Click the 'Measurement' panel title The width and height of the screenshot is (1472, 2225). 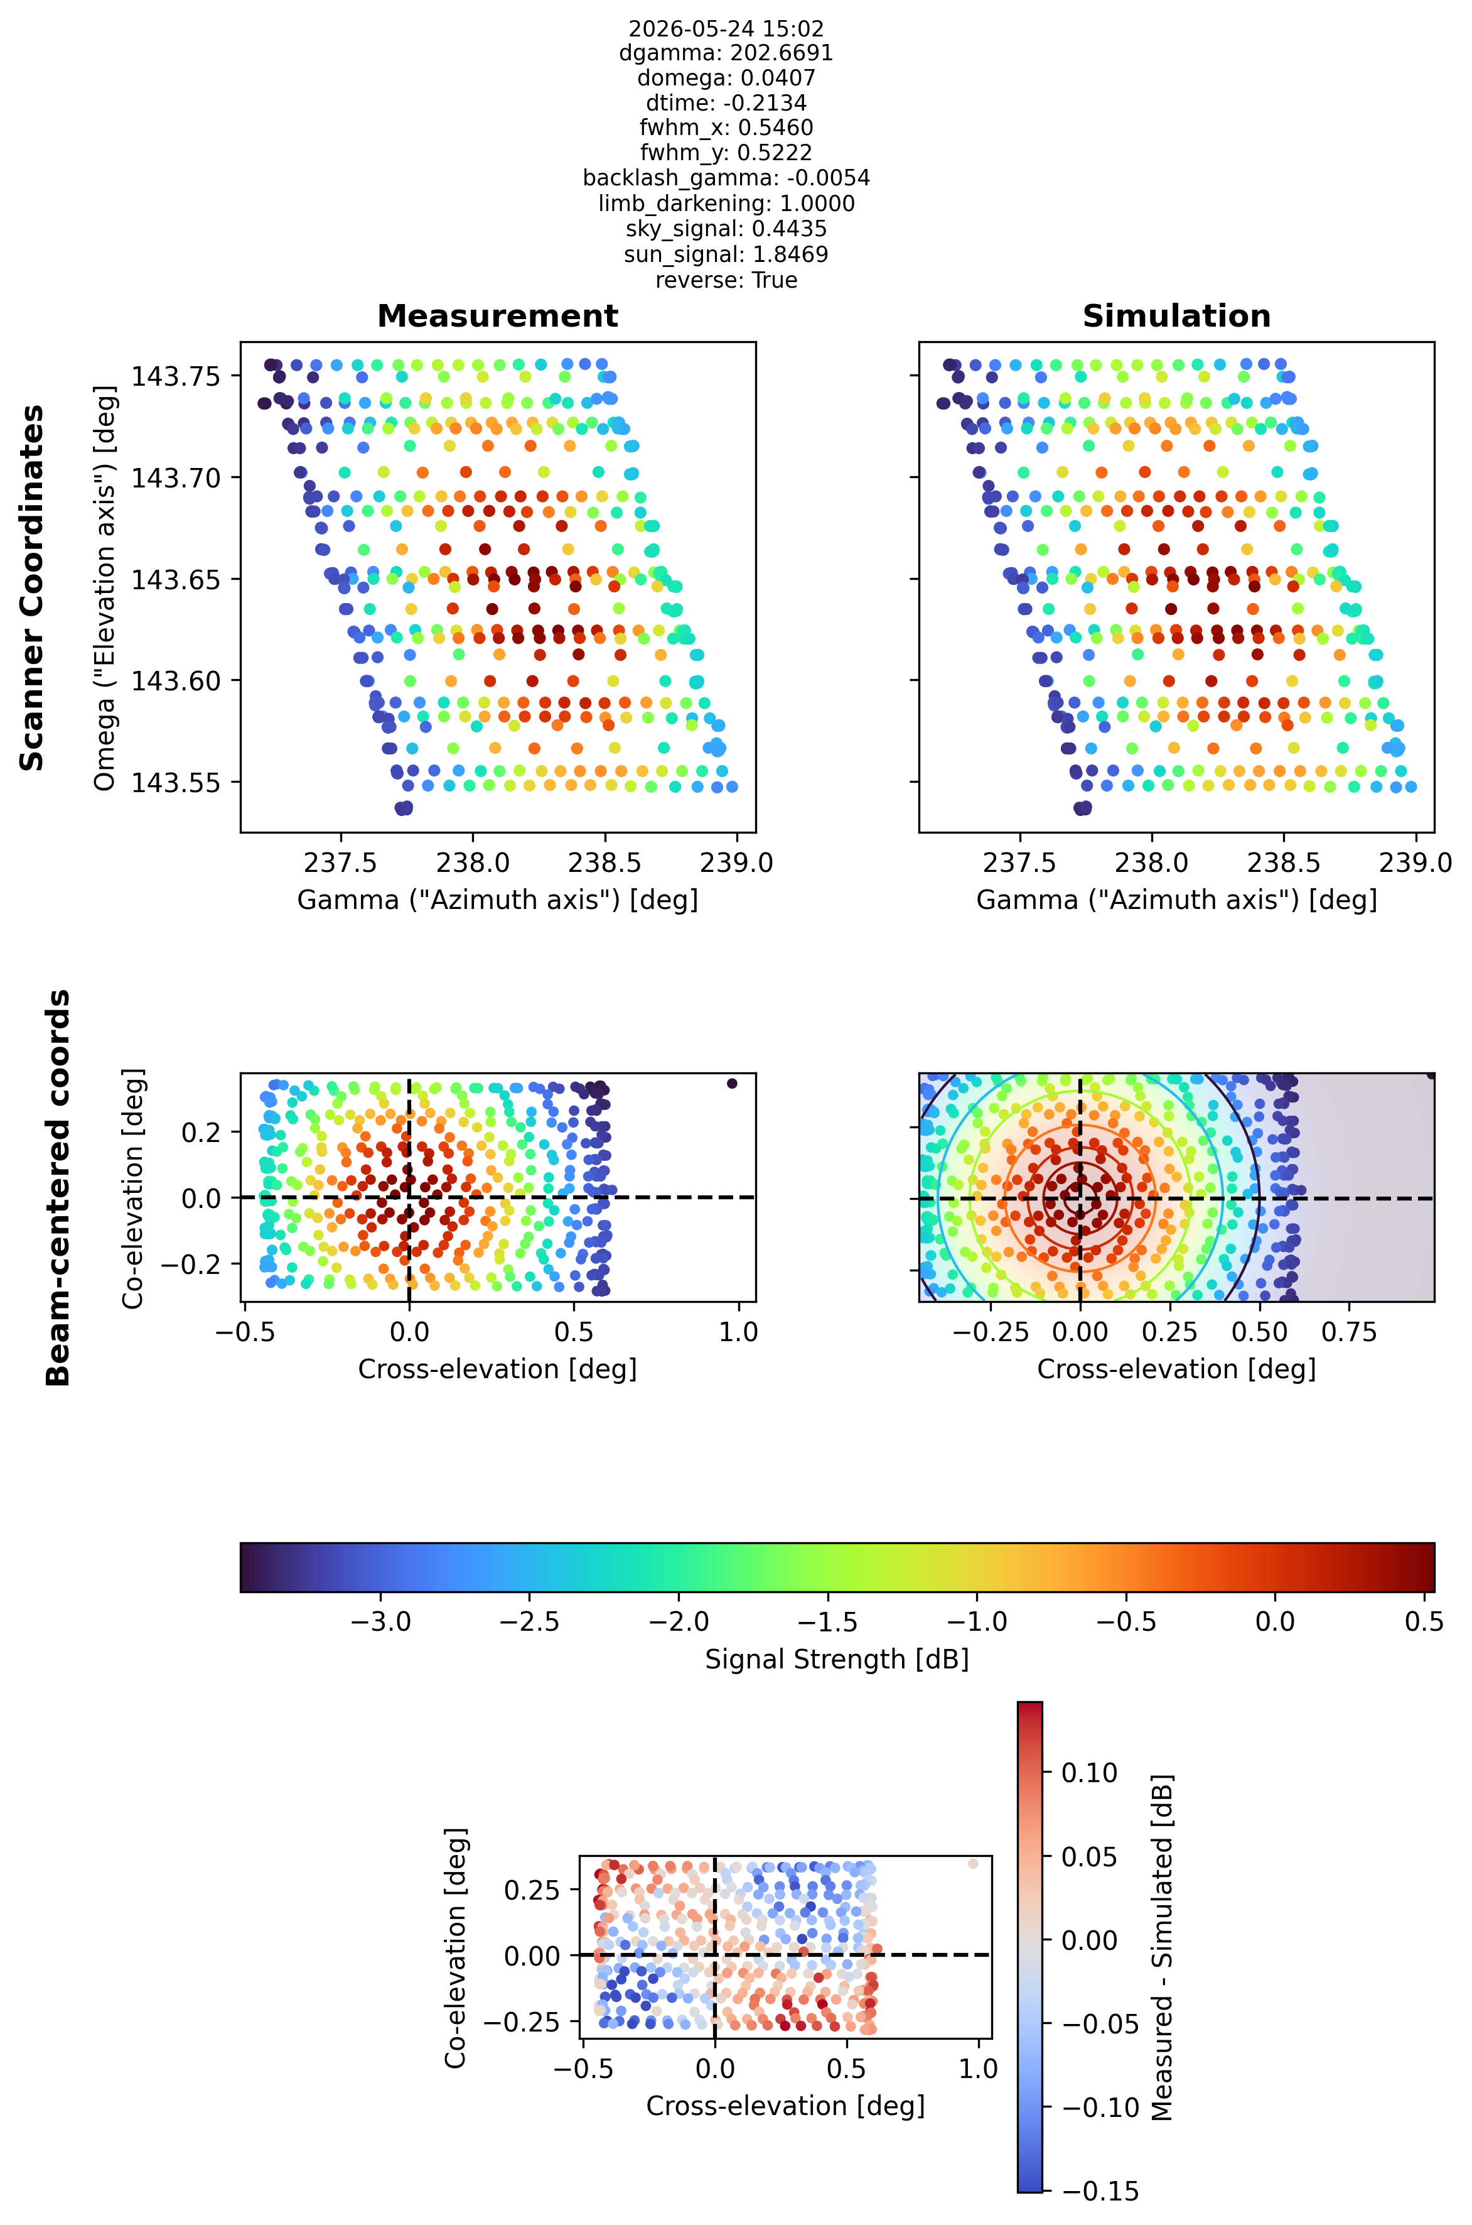[498, 317]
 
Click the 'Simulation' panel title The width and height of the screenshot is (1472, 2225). [1176, 317]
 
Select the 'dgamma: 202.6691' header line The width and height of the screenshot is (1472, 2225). [726, 53]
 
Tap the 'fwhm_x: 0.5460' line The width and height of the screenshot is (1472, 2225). [726, 128]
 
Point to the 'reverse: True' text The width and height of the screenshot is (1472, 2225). [726, 280]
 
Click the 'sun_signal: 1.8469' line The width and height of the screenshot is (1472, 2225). [726, 254]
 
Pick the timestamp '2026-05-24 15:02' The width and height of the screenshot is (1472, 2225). [726, 29]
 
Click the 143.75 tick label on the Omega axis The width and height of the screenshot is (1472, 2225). [176, 377]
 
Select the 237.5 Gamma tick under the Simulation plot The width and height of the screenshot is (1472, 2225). [1019, 862]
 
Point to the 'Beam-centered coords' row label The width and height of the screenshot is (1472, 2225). [58, 1187]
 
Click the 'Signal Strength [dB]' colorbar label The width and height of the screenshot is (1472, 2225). [837, 1660]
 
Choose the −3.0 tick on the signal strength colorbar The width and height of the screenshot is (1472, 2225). [380, 1622]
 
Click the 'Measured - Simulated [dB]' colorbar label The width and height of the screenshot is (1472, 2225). [1162, 1947]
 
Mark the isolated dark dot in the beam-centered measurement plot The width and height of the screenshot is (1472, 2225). [733, 1083]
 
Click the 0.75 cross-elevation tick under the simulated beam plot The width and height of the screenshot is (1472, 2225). [1349, 1332]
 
